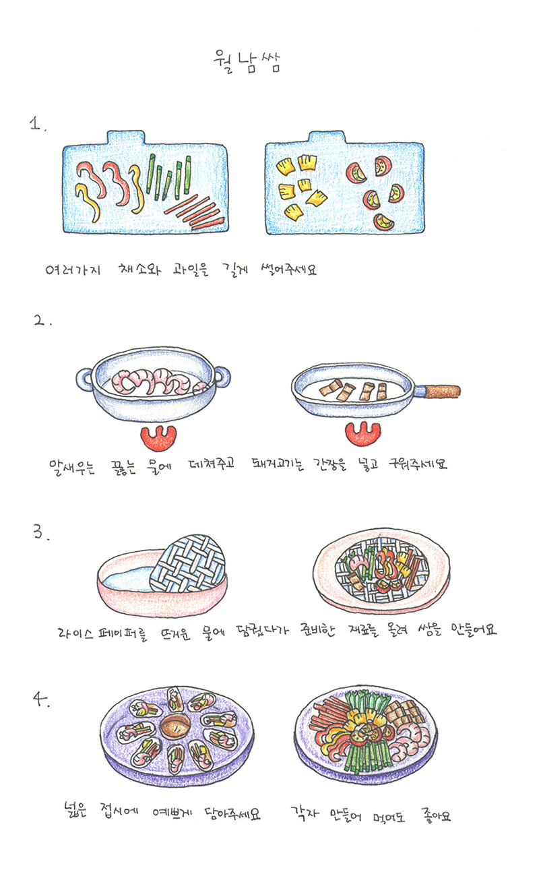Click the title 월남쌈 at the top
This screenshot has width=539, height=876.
(247, 62)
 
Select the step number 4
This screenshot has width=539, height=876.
(40, 699)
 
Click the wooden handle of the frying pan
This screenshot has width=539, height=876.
(442, 391)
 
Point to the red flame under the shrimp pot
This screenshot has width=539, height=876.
(158, 437)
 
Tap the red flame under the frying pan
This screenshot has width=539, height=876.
(362, 433)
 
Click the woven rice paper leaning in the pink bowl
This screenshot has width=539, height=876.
(188, 563)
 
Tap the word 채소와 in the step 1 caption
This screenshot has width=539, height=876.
(139, 269)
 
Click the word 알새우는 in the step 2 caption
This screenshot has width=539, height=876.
(71, 466)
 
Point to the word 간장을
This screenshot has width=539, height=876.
(329, 464)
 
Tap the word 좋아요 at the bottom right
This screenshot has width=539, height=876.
(436, 815)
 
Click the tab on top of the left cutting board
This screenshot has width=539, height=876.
(126, 137)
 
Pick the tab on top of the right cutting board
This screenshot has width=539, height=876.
(327, 137)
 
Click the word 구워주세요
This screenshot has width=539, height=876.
(417, 464)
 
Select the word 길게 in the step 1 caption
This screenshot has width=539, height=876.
(235, 270)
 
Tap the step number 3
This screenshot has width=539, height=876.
(41, 532)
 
